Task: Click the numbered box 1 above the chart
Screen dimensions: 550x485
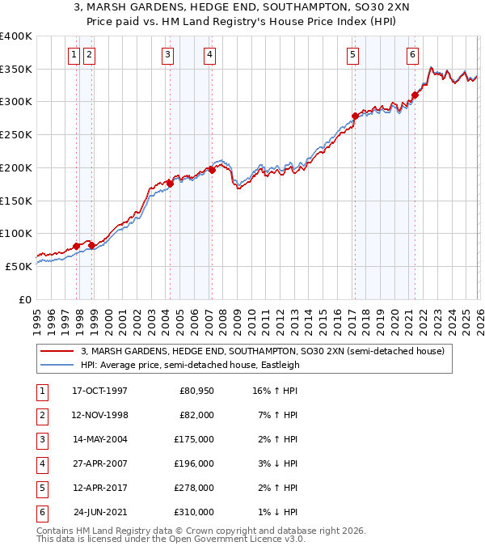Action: tap(74, 55)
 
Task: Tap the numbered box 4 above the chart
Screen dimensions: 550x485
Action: tap(209, 55)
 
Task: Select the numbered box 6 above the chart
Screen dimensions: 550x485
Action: tap(412, 55)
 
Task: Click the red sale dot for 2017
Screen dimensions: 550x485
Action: tap(355, 116)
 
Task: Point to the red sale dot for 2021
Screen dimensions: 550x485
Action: tap(415, 95)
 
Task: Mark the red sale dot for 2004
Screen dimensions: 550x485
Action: tap(171, 184)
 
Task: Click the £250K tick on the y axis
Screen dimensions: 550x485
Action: tap(16, 135)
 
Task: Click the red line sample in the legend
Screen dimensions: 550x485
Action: tap(57, 352)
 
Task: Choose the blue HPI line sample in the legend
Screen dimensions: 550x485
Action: tap(57, 365)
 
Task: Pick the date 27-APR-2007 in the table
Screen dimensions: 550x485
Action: tap(99, 464)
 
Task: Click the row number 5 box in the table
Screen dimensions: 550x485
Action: tap(40, 489)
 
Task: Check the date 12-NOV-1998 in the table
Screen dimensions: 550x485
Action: tap(99, 416)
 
